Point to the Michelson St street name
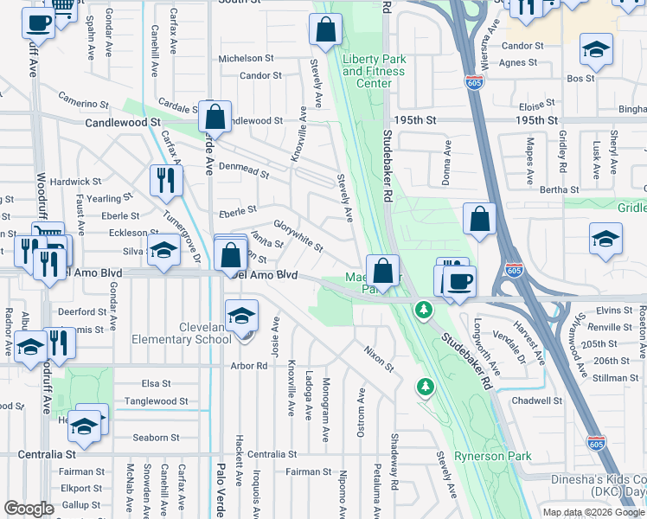[246, 59]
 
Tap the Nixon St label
[379, 360]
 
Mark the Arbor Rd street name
[250, 366]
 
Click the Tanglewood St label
[157, 401]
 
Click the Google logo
[29, 509]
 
